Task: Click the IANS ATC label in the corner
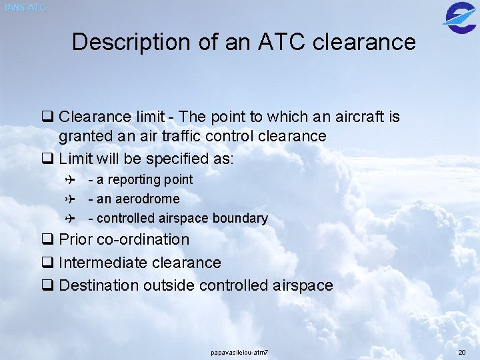click(25, 7)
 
